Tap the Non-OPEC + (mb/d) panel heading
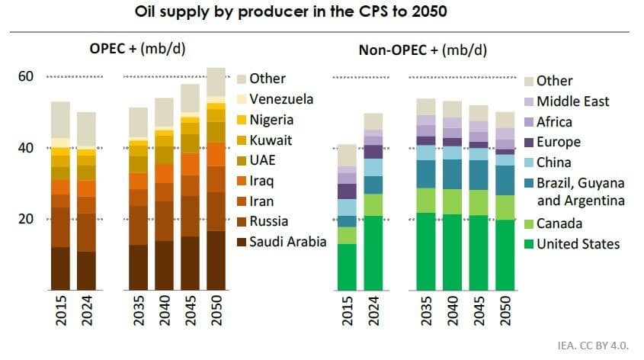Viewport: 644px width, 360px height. pyautogui.click(x=423, y=50)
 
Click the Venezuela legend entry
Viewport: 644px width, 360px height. pyautogui.click(x=281, y=99)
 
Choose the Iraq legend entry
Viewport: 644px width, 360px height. pyautogui.click(x=262, y=182)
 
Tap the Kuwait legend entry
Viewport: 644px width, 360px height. pyautogui.click(x=271, y=140)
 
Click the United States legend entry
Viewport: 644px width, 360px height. pyautogui.click(x=578, y=244)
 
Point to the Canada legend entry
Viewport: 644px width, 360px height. pyautogui.click(x=559, y=223)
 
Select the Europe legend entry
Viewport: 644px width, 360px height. pyautogui.click(x=558, y=142)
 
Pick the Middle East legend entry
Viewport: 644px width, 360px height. pyautogui.click(x=572, y=101)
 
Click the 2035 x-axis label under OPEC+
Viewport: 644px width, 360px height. pyautogui.click(x=138, y=311)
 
